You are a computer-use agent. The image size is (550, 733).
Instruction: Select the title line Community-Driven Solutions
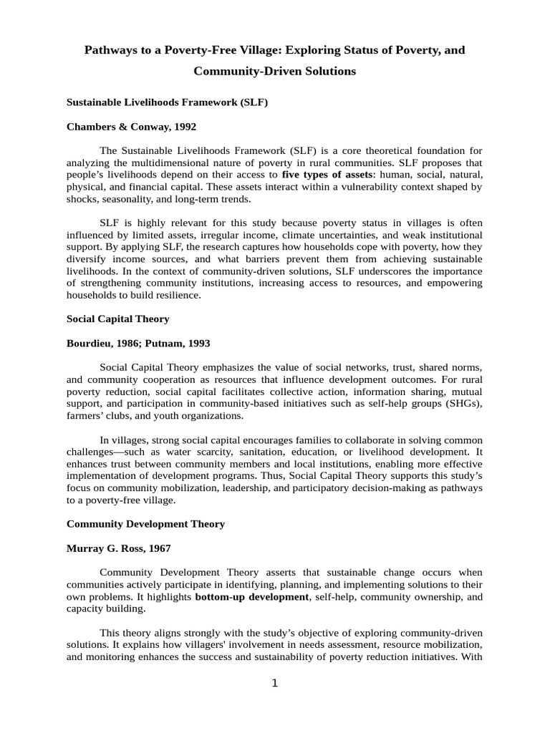click(x=274, y=72)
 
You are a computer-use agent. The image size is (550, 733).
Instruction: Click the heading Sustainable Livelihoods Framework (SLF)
click(x=167, y=102)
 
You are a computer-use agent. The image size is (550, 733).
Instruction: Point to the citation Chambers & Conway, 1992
click(x=131, y=127)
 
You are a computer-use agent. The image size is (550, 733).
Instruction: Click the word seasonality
click(x=132, y=198)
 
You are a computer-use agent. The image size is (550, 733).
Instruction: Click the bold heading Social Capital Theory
click(x=117, y=319)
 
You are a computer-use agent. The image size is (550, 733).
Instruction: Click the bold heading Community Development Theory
click(x=145, y=524)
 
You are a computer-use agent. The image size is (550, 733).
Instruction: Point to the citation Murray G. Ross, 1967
click(x=119, y=548)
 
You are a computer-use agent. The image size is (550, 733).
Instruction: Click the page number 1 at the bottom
click(x=274, y=684)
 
